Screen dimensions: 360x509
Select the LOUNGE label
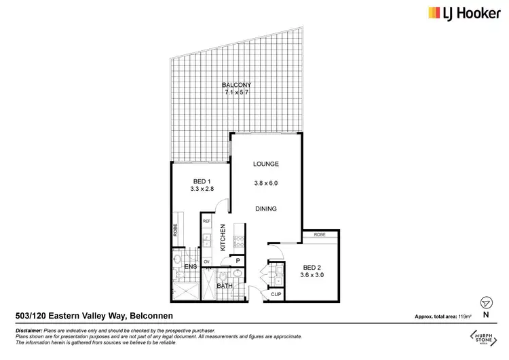click(x=266, y=164)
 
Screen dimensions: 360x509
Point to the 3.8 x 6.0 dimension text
click(x=266, y=183)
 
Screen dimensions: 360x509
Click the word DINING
click(x=266, y=209)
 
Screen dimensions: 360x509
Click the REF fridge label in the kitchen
click(x=207, y=221)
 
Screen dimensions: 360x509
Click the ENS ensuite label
click(x=191, y=267)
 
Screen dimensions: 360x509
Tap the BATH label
click(x=225, y=287)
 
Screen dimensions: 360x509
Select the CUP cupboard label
click(x=276, y=295)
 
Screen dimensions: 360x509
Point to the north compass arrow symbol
click(x=485, y=303)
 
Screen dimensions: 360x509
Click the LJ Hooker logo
click(x=458, y=13)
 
